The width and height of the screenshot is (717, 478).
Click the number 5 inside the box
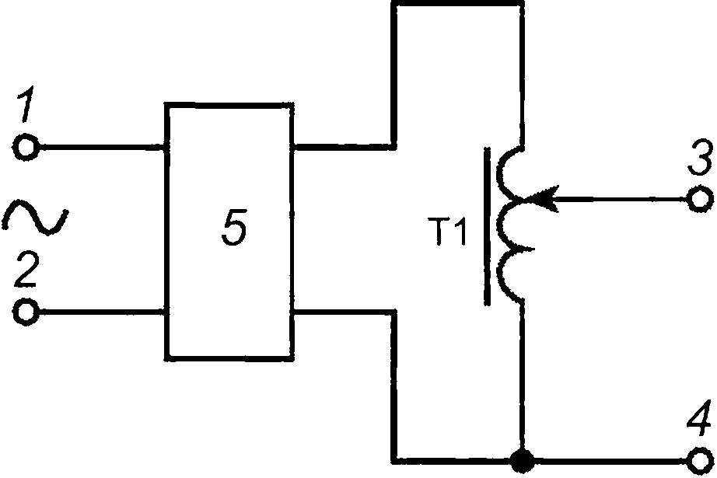(234, 228)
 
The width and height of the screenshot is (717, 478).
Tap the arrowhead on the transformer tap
(541, 199)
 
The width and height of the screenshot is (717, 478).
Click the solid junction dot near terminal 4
(522, 460)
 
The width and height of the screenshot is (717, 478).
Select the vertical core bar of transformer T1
(488, 225)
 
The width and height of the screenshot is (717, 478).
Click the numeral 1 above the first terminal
(26, 103)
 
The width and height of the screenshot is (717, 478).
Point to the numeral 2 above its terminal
(26, 268)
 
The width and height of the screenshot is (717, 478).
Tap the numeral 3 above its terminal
(701, 158)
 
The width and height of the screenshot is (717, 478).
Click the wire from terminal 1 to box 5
(102, 147)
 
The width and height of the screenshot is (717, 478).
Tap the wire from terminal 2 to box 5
(102, 312)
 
